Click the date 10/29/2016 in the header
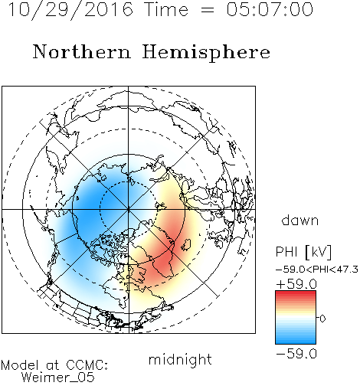click(70, 10)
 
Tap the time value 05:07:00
click(270, 9)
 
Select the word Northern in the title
click(82, 51)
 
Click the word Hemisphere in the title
click(206, 53)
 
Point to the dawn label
click(300, 220)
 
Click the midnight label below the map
click(180, 359)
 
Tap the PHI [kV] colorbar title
click(303, 252)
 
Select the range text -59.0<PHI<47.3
click(317, 270)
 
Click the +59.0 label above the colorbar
click(296, 284)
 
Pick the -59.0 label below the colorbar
click(296, 354)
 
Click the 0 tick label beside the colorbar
click(322, 319)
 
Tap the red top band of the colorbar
click(296, 294)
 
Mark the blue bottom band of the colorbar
click(296, 341)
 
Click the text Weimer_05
click(58, 378)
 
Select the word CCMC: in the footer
click(87, 365)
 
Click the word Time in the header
click(166, 9)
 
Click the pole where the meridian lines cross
click(129, 209)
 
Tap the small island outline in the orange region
click(186, 244)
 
